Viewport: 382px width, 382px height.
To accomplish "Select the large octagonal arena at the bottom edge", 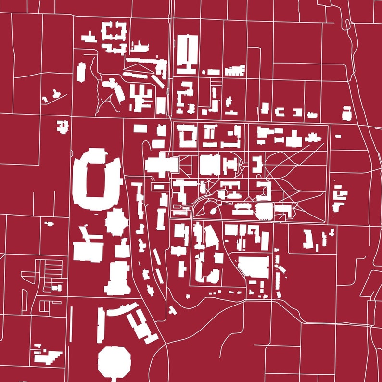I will (115, 362).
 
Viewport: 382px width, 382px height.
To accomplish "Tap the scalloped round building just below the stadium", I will (116, 222).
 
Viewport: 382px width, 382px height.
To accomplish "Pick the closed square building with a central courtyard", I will (188, 136).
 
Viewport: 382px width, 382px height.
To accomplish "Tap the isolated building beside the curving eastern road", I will (346, 114).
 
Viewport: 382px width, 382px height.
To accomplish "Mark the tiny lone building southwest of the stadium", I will (49, 223).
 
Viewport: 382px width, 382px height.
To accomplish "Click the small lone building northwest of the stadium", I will (63, 126).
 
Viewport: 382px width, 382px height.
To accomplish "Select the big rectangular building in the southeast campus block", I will (254, 267).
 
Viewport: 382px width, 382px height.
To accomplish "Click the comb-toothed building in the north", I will (235, 71).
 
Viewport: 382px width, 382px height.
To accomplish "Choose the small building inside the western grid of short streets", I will (57, 287).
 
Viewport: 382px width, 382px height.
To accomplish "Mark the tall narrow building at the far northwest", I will (81, 72).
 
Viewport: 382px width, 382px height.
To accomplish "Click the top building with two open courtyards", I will (115, 33).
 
